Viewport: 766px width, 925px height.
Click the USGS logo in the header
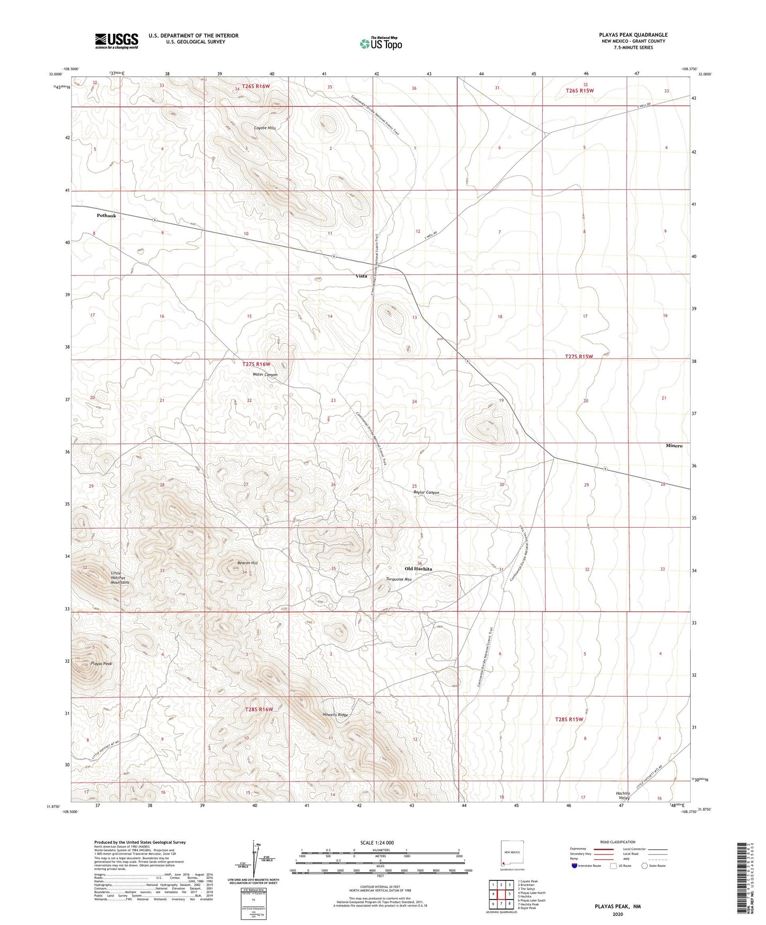(117, 41)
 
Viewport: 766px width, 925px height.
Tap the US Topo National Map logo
(380, 43)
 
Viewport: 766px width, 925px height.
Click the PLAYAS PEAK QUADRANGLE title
(633, 35)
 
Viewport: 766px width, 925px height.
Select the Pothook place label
(106, 216)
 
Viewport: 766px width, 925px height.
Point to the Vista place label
(361, 276)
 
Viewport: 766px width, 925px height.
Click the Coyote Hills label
(265, 128)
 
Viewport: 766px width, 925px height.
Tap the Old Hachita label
(418, 568)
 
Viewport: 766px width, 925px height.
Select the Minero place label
(674, 446)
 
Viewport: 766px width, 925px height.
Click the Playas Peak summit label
(101, 664)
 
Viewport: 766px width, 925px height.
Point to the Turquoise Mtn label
(399, 580)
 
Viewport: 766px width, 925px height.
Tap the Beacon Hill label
(247, 563)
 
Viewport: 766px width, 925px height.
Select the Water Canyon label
(265, 375)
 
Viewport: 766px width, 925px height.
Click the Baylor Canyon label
(426, 493)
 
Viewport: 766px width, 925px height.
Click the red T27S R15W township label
(578, 357)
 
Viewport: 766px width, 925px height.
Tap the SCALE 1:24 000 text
(377, 842)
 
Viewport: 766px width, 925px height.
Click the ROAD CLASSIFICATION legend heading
(618, 842)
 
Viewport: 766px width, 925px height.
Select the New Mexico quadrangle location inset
(512, 855)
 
